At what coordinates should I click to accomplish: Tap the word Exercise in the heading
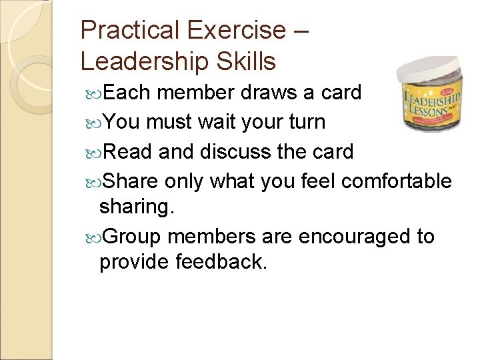(x=237, y=30)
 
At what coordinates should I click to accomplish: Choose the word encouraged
(x=357, y=236)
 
